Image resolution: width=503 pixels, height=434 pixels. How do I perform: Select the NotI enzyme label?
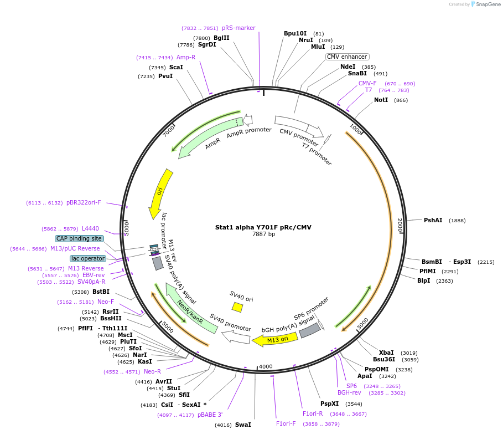coord(381,100)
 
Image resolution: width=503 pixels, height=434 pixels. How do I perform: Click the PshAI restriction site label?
coord(433,220)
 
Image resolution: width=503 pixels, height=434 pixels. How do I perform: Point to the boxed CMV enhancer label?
coord(348,57)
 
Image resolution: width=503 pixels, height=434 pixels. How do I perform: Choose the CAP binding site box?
coord(79,238)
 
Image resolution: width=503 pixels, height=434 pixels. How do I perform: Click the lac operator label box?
coord(87,258)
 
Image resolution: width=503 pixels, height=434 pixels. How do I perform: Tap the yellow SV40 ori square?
coord(237,307)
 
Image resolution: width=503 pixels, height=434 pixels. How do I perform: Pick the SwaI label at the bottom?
coord(243,425)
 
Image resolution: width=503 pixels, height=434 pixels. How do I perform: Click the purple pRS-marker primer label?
coord(238,28)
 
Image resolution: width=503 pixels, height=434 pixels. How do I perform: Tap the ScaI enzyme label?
coord(176,67)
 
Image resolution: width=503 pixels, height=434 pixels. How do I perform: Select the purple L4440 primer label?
coord(90,228)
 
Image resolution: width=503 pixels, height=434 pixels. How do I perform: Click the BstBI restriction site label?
coord(101,292)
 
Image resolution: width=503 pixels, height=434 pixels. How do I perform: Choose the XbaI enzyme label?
coord(386,353)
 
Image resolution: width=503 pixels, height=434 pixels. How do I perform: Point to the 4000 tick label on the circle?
coord(266,366)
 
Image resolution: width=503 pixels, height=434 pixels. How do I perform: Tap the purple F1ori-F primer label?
coord(286,423)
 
